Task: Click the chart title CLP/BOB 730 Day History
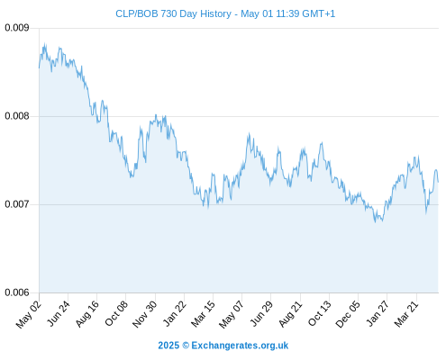tap(173, 13)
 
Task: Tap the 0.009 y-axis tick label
tap(17, 28)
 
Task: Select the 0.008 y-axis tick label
tap(17, 116)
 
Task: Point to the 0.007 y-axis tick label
tap(17, 204)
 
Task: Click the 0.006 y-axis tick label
tap(17, 292)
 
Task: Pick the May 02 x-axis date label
tap(29, 314)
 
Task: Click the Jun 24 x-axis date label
tap(59, 313)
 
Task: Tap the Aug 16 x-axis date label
tap(87, 313)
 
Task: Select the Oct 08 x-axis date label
tap(116, 313)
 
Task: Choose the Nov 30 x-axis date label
tap(145, 314)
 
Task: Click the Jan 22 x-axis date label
tap(175, 313)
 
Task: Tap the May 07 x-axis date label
tap(232, 314)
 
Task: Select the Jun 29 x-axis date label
tap(261, 313)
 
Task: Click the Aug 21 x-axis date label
tap(290, 313)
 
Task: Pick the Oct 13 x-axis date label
tap(320, 313)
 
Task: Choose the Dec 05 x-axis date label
tap(348, 314)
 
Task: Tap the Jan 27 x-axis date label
tap(378, 313)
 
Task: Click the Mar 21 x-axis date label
tap(406, 313)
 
